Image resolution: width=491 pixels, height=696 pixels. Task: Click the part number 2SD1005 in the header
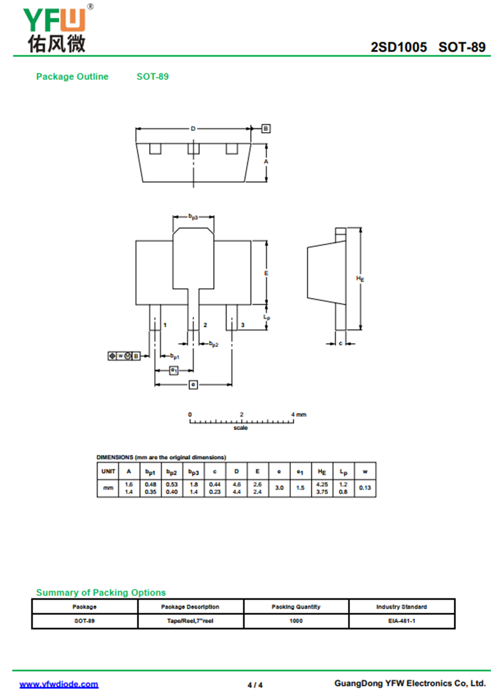(x=399, y=47)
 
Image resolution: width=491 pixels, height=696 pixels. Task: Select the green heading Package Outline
(x=72, y=76)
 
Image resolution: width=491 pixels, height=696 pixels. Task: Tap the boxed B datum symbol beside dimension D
(x=266, y=129)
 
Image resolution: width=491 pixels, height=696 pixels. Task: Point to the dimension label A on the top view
(x=266, y=162)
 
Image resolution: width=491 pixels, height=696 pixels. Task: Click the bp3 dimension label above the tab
(x=193, y=217)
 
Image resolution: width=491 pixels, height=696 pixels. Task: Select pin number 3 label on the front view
(x=242, y=325)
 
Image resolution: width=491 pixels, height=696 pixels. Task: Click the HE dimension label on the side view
(x=360, y=279)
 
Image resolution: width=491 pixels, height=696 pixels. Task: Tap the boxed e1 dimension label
(x=174, y=370)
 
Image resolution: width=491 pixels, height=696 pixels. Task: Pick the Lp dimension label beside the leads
(x=266, y=318)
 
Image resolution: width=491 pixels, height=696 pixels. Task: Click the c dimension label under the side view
(x=340, y=343)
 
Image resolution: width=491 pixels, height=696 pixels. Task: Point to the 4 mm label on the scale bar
(x=298, y=415)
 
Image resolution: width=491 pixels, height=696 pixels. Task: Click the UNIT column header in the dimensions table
(x=108, y=471)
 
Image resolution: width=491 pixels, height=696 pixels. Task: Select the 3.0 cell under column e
(x=279, y=488)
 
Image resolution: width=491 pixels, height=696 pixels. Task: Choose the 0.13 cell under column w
(x=365, y=488)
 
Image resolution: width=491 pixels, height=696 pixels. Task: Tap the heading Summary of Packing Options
(x=101, y=593)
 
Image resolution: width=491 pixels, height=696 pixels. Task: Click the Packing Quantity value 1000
(x=296, y=621)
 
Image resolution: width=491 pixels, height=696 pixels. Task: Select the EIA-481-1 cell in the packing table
(x=402, y=621)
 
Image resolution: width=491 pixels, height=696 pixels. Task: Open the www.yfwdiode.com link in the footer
(x=59, y=684)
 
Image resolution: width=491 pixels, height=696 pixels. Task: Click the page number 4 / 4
(x=255, y=685)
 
